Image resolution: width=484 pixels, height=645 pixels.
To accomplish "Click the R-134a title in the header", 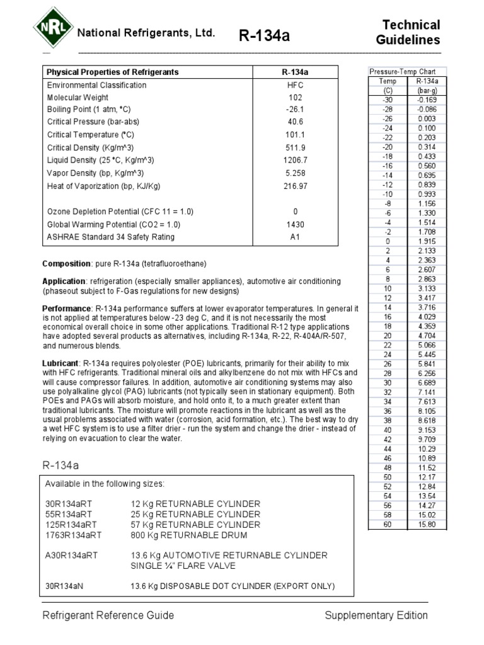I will coord(265,36).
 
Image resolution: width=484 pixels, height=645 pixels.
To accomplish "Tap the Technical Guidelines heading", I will coord(408,33).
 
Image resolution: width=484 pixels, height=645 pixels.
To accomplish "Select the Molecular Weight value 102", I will coord(296,98).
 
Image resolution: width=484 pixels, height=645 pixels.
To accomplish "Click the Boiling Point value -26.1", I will coord(296,110).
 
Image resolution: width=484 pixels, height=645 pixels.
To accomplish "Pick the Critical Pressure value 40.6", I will coord(296,122).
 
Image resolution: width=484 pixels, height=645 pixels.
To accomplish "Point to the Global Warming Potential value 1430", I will coord(296,224).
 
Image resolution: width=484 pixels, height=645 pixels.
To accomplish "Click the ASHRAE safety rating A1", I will coord(296,237).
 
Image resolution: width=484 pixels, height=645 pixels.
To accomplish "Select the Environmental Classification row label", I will coord(96,85).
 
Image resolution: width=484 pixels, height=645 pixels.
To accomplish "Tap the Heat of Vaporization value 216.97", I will coord(296,186).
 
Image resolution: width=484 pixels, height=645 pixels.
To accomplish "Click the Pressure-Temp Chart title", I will coord(398,72).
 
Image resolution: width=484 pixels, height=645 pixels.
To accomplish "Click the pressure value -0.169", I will coord(427,100).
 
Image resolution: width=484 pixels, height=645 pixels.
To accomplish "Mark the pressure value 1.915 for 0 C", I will coord(427,241).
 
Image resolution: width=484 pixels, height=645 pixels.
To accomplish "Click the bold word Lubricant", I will coord(60,364).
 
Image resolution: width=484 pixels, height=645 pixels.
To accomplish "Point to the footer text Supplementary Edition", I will coord(376,615).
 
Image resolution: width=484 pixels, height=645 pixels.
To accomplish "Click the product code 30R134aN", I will coord(65,586).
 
